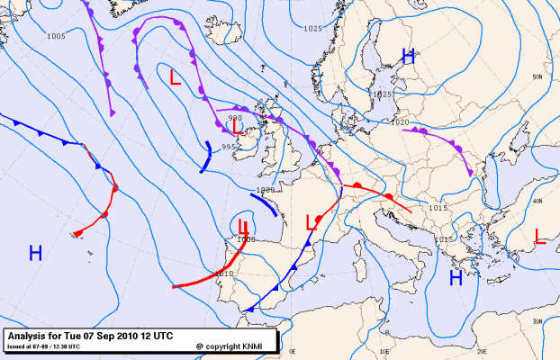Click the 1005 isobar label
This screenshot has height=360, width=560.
(x=56, y=36)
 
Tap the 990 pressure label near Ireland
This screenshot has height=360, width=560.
(x=236, y=118)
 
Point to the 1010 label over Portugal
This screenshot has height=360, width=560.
(x=225, y=273)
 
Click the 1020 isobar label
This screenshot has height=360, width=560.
(x=401, y=122)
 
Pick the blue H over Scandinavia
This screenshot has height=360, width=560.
(x=408, y=57)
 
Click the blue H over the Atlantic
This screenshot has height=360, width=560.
(x=35, y=253)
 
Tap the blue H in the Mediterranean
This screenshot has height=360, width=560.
(x=456, y=278)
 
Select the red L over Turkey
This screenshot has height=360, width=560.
(x=539, y=237)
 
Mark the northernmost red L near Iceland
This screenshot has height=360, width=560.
(x=175, y=77)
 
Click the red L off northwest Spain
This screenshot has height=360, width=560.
(x=242, y=228)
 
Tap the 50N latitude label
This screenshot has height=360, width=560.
(x=537, y=77)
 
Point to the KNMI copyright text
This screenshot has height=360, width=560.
(x=231, y=346)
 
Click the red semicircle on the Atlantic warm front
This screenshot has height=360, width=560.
(x=114, y=190)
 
